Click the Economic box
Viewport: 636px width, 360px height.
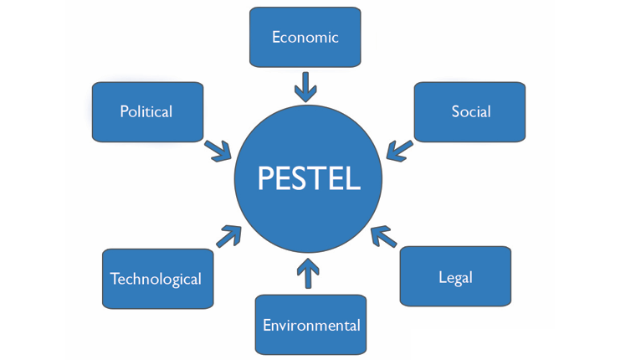[x=305, y=38]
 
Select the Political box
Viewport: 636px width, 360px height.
[x=147, y=111]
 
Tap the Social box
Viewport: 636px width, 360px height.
[x=469, y=111]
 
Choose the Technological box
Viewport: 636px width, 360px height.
[x=156, y=278]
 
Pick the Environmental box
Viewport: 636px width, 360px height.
[x=310, y=324]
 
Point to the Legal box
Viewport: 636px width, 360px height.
[x=455, y=276]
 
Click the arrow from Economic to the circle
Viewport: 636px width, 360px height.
[x=305, y=86]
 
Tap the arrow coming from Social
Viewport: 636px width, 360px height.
[x=399, y=150]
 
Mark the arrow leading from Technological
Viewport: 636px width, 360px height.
[x=228, y=236]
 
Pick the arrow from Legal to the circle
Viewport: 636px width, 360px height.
[x=382, y=236]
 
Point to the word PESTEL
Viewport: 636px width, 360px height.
[x=309, y=178]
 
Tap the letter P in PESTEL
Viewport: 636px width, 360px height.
[x=266, y=178]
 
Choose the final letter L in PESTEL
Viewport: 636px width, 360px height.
[x=353, y=178]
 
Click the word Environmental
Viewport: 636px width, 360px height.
[x=311, y=325]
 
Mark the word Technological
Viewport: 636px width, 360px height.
[x=156, y=279]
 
